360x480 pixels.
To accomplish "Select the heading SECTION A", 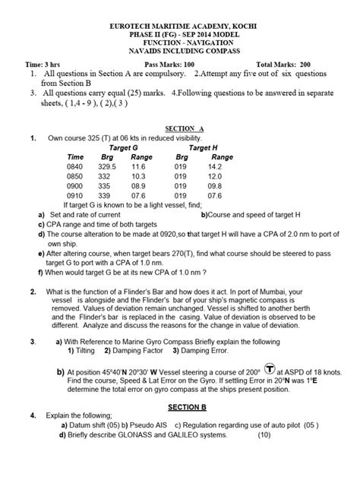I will (x=180, y=128).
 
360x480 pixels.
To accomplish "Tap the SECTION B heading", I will (x=180, y=407).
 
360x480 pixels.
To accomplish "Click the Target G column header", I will (x=124, y=147).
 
